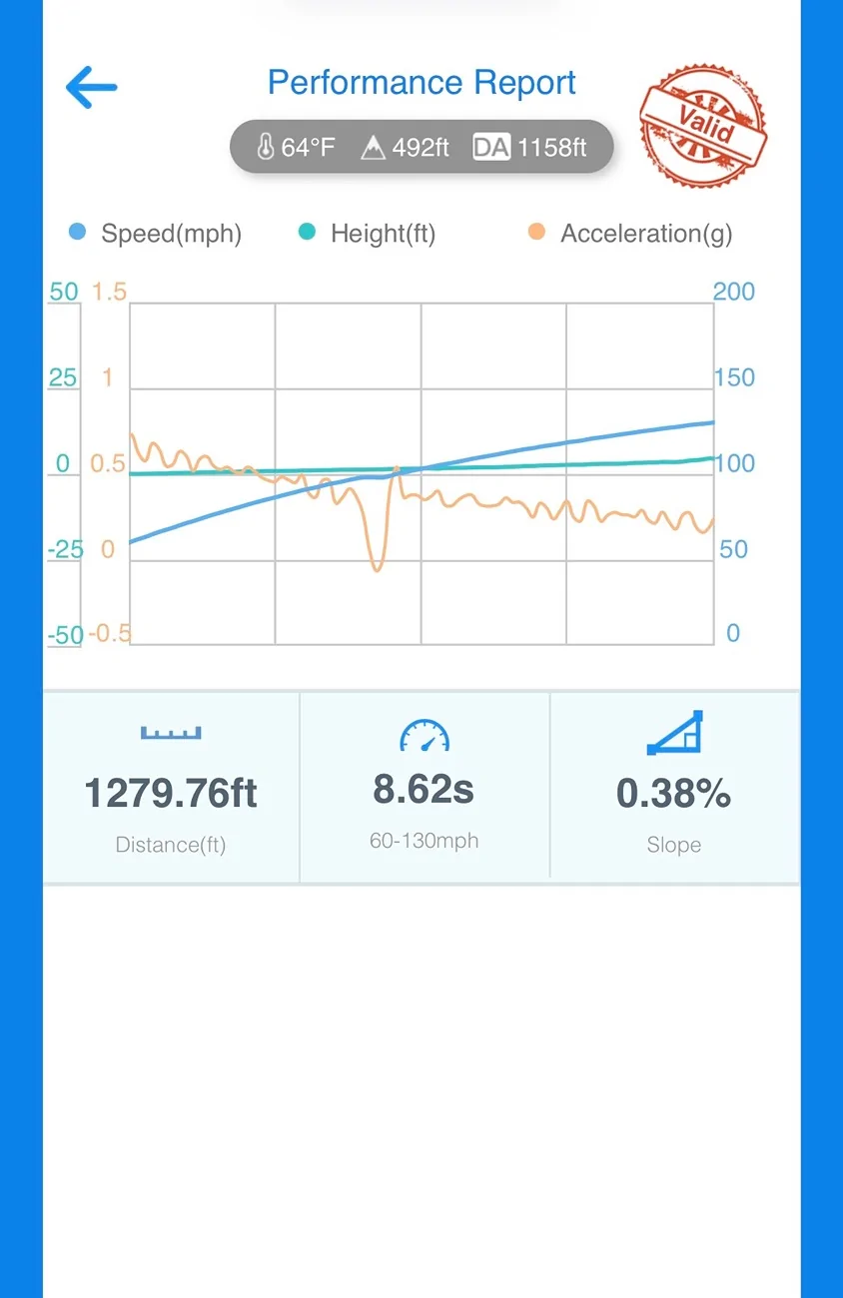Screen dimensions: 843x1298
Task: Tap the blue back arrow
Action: [x=91, y=87]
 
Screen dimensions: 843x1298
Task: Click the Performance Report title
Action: [x=421, y=82]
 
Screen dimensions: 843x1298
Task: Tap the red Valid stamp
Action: [x=703, y=125]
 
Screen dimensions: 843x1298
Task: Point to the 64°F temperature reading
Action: [x=296, y=147]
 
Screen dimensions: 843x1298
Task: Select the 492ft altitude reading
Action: [x=405, y=147]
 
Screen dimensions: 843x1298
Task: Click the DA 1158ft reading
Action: [x=530, y=147]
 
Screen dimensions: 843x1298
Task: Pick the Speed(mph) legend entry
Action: [x=155, y=233]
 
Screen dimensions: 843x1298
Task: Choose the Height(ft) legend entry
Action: [x=367, y=233]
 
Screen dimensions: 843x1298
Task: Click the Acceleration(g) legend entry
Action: [x=630, y=233]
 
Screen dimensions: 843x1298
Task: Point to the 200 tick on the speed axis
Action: [x=733, y=292]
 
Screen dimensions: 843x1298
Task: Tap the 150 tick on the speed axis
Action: [x=734, y=377]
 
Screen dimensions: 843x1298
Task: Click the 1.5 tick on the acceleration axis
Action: [x=109, y=292]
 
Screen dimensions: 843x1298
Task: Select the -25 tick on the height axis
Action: [x=66, y=549]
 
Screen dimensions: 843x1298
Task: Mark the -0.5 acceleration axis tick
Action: [x=110, y=634]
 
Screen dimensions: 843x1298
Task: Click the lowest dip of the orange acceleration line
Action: [x=377, y=570]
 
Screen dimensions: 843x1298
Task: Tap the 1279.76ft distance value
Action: [x=171, y=793]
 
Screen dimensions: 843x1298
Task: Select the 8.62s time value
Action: [x=423, y=789]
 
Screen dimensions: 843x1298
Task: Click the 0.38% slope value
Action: [x=674, y=793]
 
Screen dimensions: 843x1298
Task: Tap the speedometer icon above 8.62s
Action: [x=424, y=735]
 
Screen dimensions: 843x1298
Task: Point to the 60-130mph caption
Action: [x=423, y=841]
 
